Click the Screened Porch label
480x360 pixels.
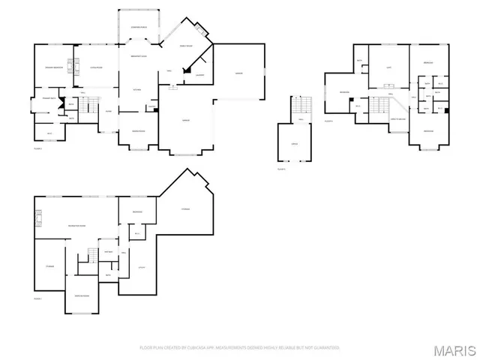point(139,28)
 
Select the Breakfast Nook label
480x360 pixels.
point(139,57)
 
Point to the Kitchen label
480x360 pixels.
point(137,90)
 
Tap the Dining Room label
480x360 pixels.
point(138,131)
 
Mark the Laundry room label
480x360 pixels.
point(200,75)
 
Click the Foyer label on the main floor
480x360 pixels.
point(109,111)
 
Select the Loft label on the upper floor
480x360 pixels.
point(388,68)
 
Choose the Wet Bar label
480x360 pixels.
point(109,251)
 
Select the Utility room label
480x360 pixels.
point(140,268)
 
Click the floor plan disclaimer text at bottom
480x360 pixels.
point(239,348)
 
